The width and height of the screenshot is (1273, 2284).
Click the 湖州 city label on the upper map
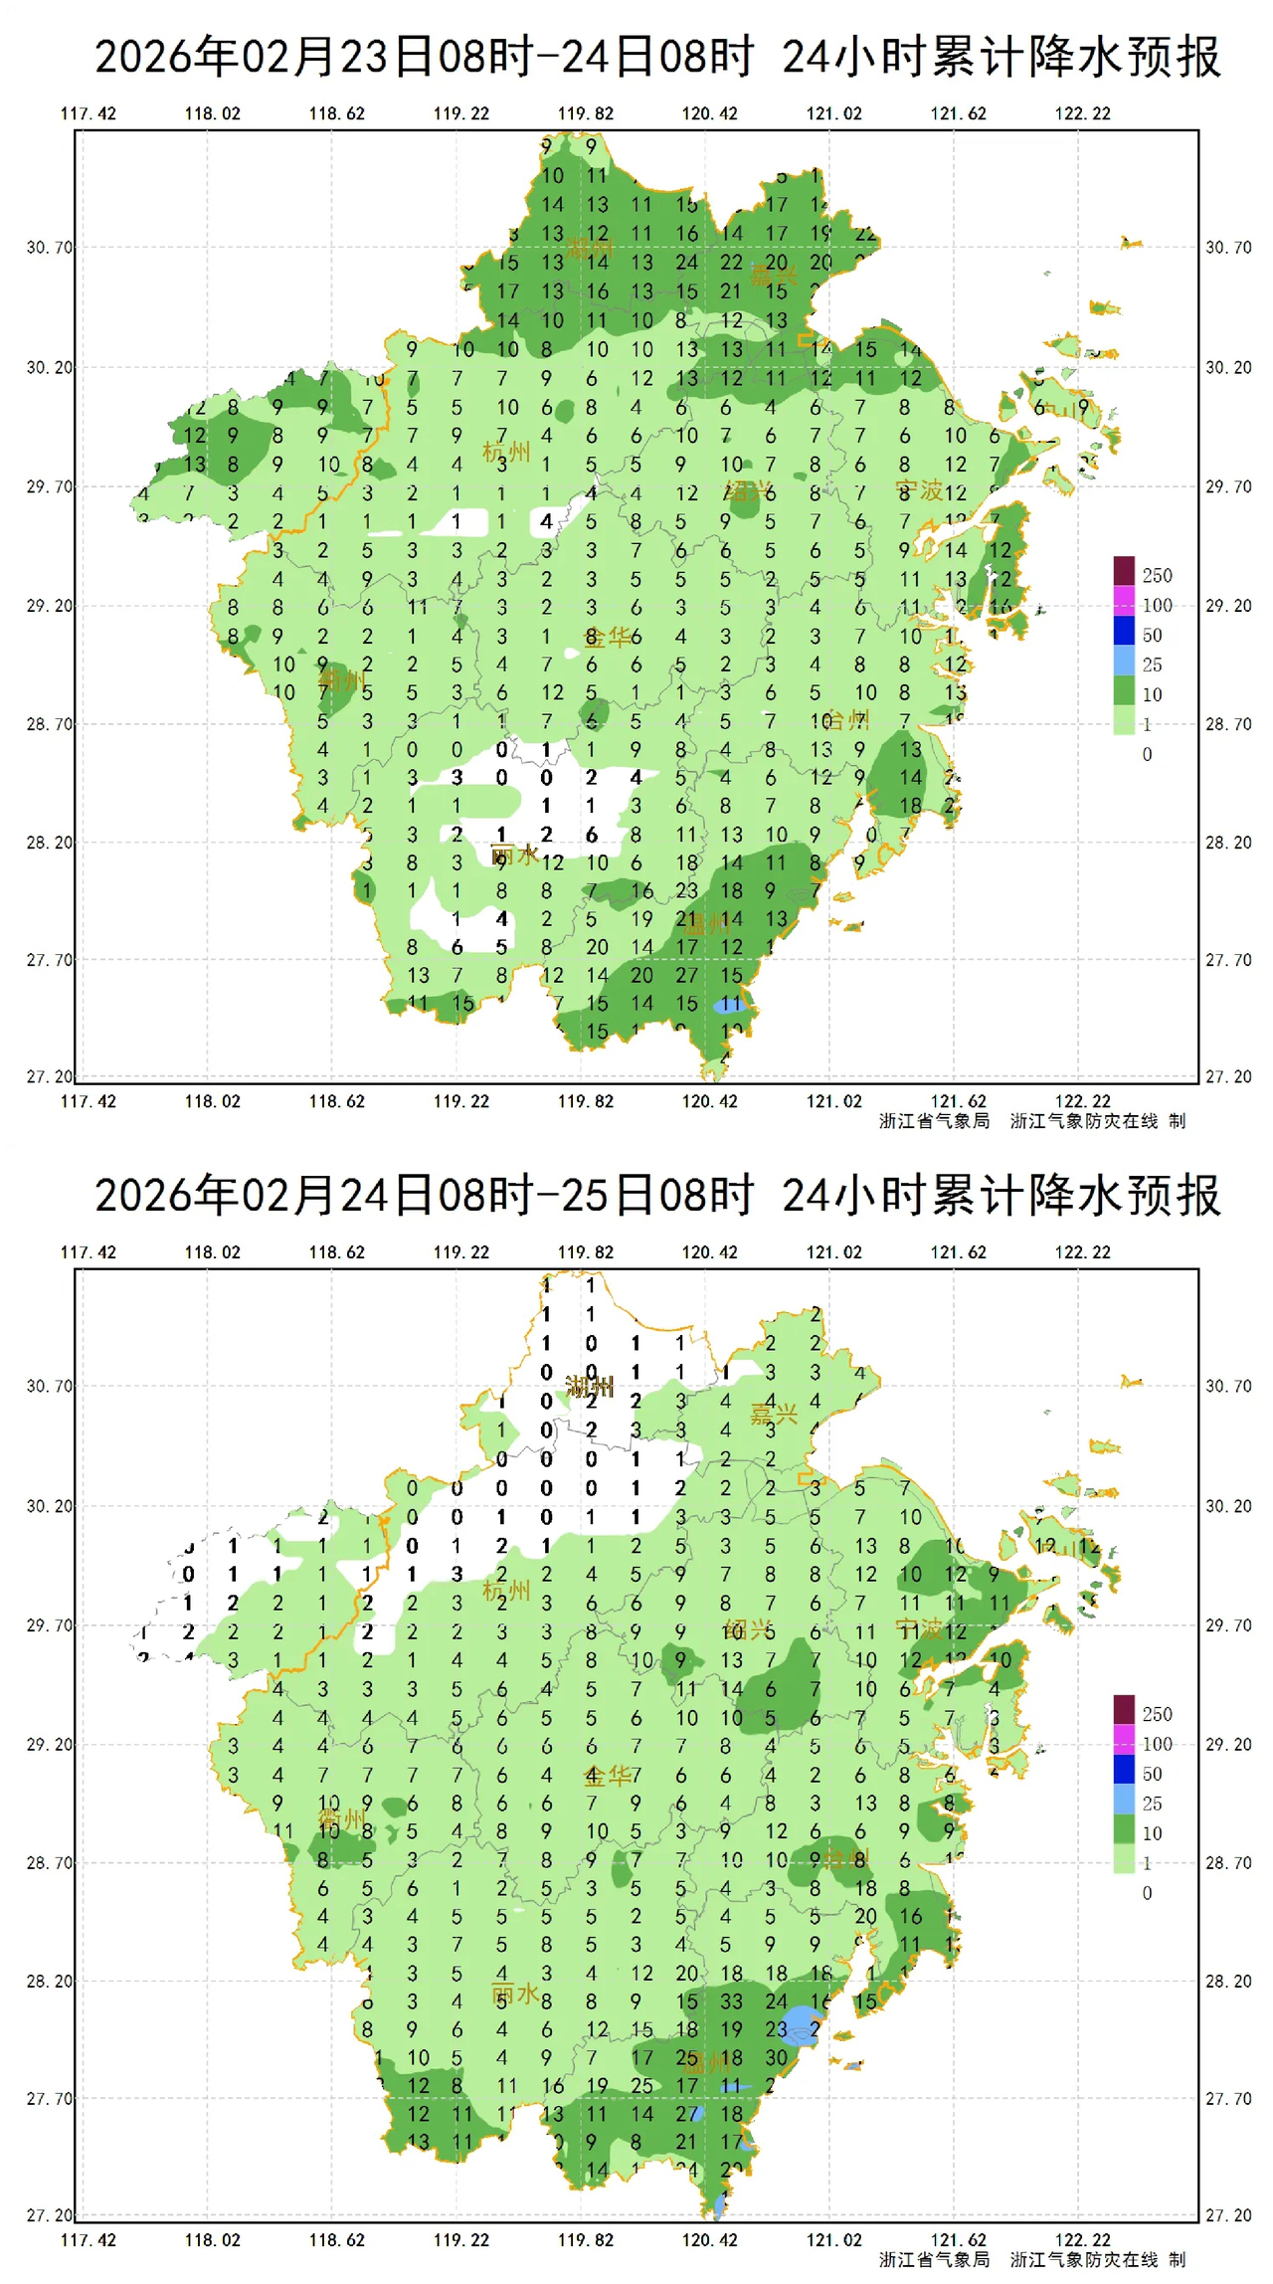pos(590,248)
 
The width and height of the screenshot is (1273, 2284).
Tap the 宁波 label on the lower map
pos(919,1628)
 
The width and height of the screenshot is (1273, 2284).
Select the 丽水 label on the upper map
pos(515,855)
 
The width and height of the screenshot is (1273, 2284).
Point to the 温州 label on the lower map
pos(707,2063)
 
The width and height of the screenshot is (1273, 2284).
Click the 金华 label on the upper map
pos(607,637)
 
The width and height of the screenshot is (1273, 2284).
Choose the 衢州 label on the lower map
pos(341,1819)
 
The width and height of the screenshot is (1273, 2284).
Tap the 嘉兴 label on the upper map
pos(774,276)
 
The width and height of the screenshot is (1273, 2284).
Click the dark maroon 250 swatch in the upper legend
pos(1124,571)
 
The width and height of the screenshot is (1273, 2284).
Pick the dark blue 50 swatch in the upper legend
pos(1124,631)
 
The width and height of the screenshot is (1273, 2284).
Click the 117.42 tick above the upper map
pos(89,113)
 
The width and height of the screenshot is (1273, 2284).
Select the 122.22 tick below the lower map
pos(1083,2240)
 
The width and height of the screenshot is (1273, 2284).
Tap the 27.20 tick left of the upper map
pos(50,1076)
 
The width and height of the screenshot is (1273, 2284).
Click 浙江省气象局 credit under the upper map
pos(934,1121)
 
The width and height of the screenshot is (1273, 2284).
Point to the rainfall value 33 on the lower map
pos(731,2000)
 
